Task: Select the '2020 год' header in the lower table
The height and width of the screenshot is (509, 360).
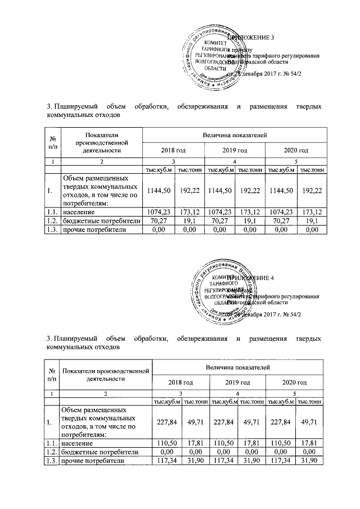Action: coord(295,382)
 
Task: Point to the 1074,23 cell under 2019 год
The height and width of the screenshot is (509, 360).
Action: coord(219,213)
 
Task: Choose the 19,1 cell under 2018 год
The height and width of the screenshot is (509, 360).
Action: coord(188,222)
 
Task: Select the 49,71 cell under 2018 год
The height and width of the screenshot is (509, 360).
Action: coord(193,422)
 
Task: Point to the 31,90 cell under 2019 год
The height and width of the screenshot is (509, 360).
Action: coord(251,461)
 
